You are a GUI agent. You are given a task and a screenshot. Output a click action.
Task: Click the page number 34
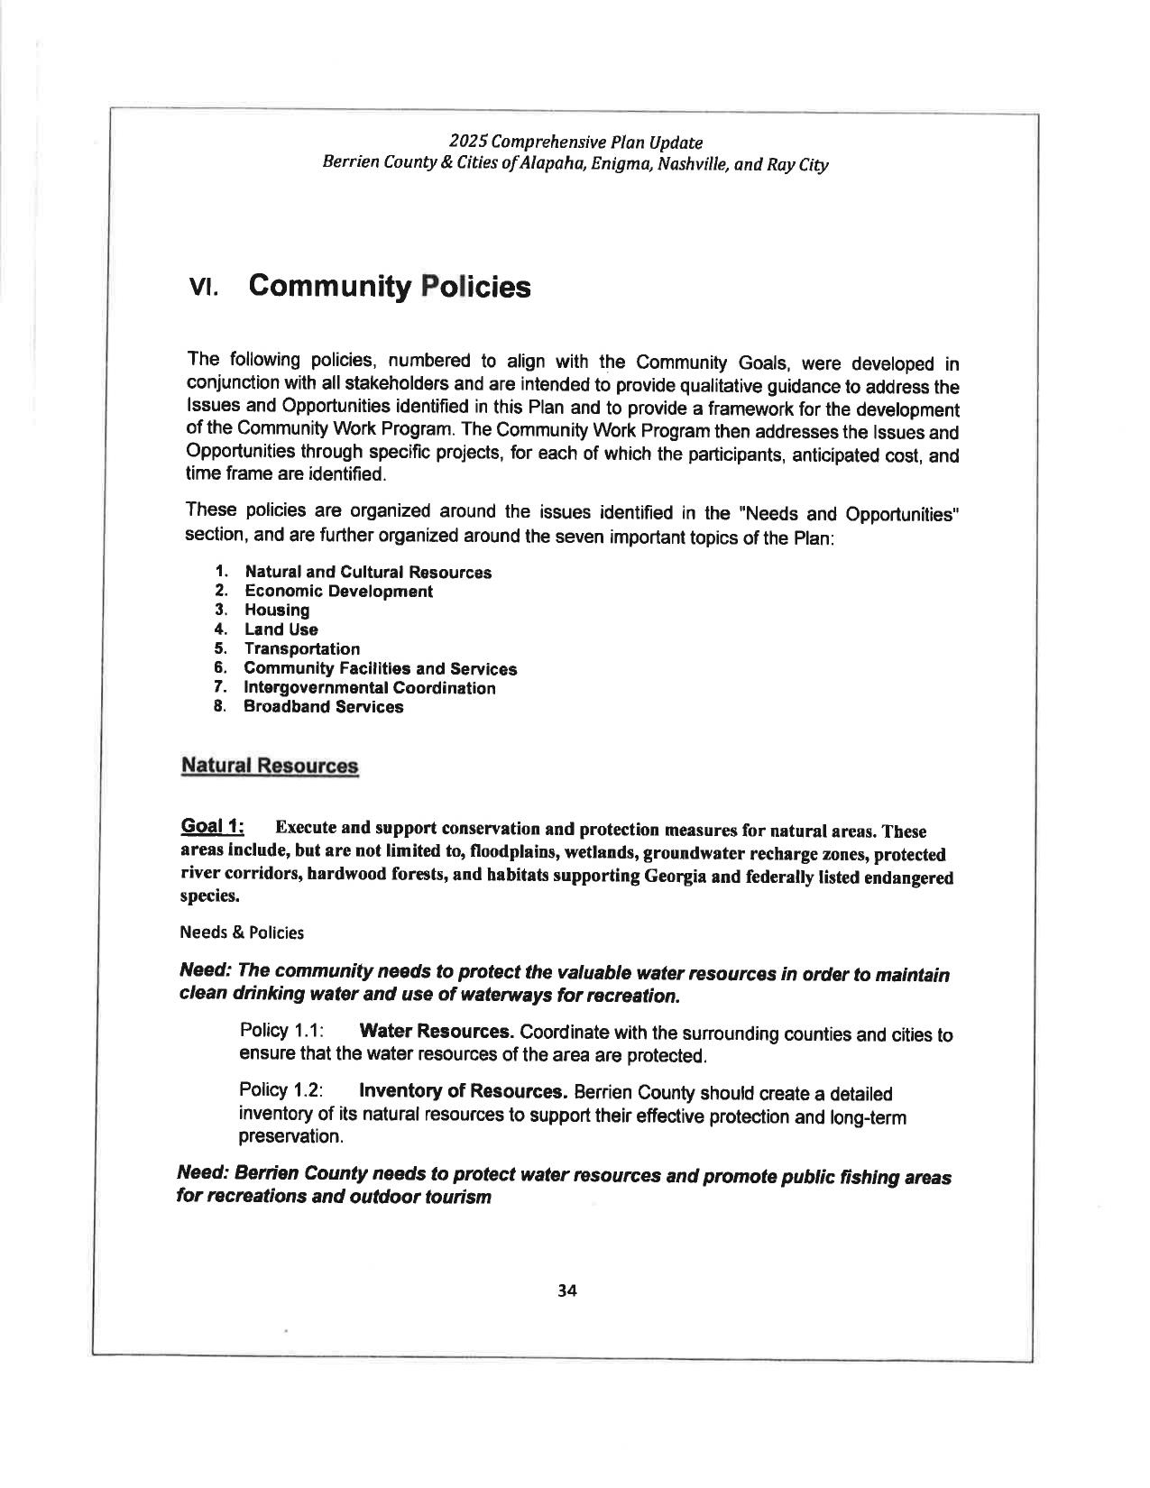[x=566, y=1291]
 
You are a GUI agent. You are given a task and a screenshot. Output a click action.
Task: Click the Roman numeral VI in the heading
[x=202, y=289]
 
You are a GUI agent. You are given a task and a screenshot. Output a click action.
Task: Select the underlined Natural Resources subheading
[x=270, y=766]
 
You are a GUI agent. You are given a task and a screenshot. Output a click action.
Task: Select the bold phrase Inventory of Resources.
[x=463, y=1091]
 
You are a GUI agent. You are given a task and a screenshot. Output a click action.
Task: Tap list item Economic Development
[x=338, y=592]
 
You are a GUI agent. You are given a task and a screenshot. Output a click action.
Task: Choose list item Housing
[x=277, y=611]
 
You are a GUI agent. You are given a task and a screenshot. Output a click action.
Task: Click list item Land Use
[x=281, y=629]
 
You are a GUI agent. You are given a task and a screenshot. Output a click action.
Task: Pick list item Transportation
[x=302, y=649]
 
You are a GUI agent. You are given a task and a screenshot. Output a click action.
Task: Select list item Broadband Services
[x=324, y=707]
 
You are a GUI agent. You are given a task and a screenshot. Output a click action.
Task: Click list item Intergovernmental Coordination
[x=370, y=688]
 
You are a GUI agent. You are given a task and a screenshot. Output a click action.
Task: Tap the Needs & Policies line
[x=242, y=932]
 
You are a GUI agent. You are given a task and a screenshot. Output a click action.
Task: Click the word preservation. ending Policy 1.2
[x=279, y=1137]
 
